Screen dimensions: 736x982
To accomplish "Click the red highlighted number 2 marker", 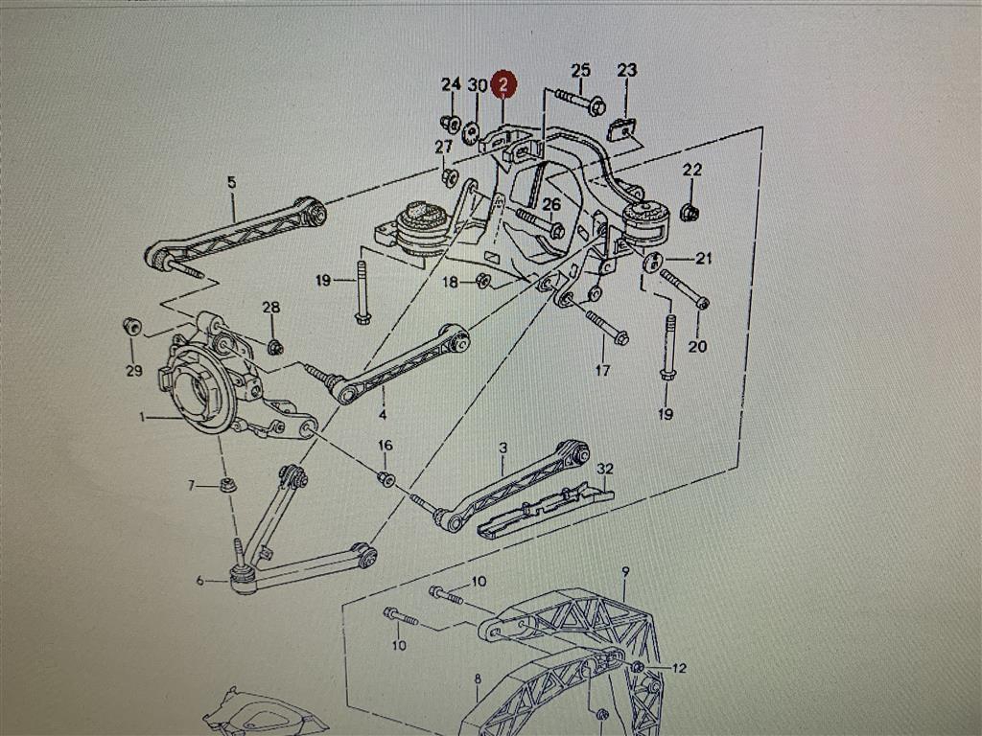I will pos(503,85).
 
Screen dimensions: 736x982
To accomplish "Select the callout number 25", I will pos(581,70).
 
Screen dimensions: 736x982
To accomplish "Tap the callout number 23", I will pos(626,70).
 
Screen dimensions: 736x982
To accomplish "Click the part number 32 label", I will pos(604,469).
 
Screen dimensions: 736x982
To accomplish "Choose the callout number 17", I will pos(602,370).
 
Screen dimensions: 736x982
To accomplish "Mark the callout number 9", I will pos(625,572).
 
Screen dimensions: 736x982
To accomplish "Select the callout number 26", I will pos(550,203).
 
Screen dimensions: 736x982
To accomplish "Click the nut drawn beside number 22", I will pos(689,212).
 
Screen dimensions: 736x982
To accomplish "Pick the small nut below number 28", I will pos(274,346).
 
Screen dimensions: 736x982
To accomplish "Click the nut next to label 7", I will pos(228,484).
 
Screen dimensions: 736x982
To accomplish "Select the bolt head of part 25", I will pos(596,105).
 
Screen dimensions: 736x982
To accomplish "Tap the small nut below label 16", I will pos(386,477).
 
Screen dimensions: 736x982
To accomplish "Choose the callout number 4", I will pos(383,416).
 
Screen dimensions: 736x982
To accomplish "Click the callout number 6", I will pos(199,579).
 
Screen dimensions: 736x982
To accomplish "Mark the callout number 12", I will pos(680,668).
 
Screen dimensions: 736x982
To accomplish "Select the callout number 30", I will pos(477,85).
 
